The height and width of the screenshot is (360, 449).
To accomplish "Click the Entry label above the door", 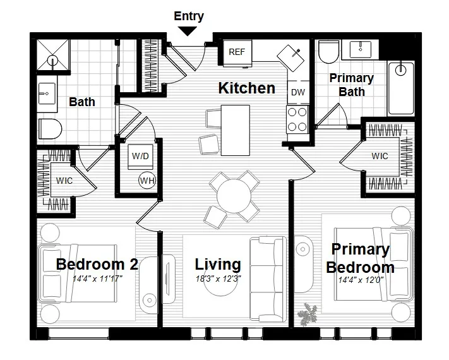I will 189,16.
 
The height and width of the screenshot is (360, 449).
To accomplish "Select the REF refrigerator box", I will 237,52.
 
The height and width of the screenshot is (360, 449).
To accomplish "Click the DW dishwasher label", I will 298,92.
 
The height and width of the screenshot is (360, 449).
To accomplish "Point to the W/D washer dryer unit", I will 140,156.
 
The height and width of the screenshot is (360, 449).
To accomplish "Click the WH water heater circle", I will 147,181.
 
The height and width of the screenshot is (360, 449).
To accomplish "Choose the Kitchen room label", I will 246,88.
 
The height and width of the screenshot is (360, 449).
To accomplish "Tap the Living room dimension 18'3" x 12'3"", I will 218,278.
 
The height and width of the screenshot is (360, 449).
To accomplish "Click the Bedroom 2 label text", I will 97,263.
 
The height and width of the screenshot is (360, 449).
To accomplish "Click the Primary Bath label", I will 352,85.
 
